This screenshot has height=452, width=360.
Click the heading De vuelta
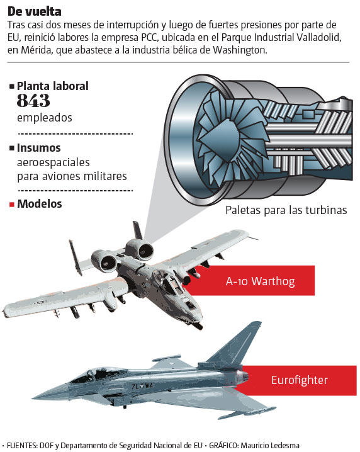click(34, 11)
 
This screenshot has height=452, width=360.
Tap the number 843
click(33, 100)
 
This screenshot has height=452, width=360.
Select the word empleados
click(45, 118)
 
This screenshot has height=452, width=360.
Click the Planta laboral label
click(53, 86)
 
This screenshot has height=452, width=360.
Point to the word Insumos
click(39, 147)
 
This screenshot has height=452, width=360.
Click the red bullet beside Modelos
click(12, 205)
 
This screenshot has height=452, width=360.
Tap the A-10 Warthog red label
click(250, 281)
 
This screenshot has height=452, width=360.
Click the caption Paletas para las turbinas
click(286, 210)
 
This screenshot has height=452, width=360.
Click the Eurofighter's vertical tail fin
click(237, 344)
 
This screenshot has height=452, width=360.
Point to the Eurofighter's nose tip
click(32, 398)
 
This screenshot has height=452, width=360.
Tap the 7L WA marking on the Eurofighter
click(142, 386)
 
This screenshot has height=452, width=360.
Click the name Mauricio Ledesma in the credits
click(270, 446)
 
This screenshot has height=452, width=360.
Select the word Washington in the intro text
click(240, 50)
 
